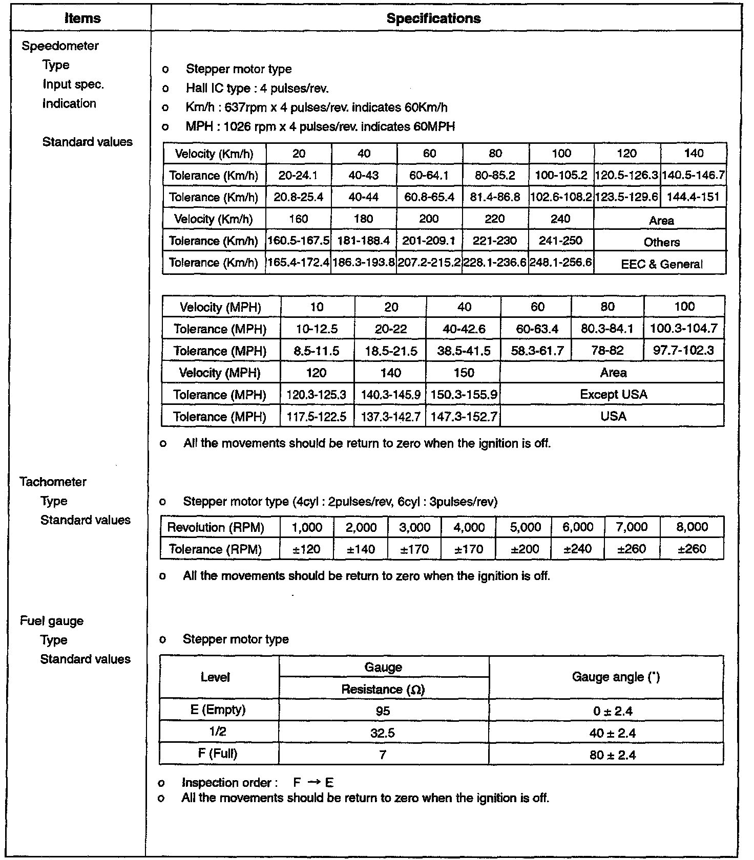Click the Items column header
click(82, 18)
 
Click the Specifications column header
click(433, 18)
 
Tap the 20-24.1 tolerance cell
click(299, 176)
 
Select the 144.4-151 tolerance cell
click(693, 197)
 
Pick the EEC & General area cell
click(661, 264)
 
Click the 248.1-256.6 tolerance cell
click(561, 263)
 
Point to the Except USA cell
click(613, 395)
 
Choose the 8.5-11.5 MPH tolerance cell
click(317, 351)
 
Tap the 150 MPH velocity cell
click(464, 373)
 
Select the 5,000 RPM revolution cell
click(526, 527)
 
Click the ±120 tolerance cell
click(306, 549)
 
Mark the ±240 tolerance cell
click(578, 549)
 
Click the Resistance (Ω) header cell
click(383, 690)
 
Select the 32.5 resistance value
click(383, 733)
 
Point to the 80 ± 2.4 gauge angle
click(613, 755)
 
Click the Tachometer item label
click(53, 482)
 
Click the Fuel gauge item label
click(51, 621)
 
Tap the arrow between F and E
click(314, 783)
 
